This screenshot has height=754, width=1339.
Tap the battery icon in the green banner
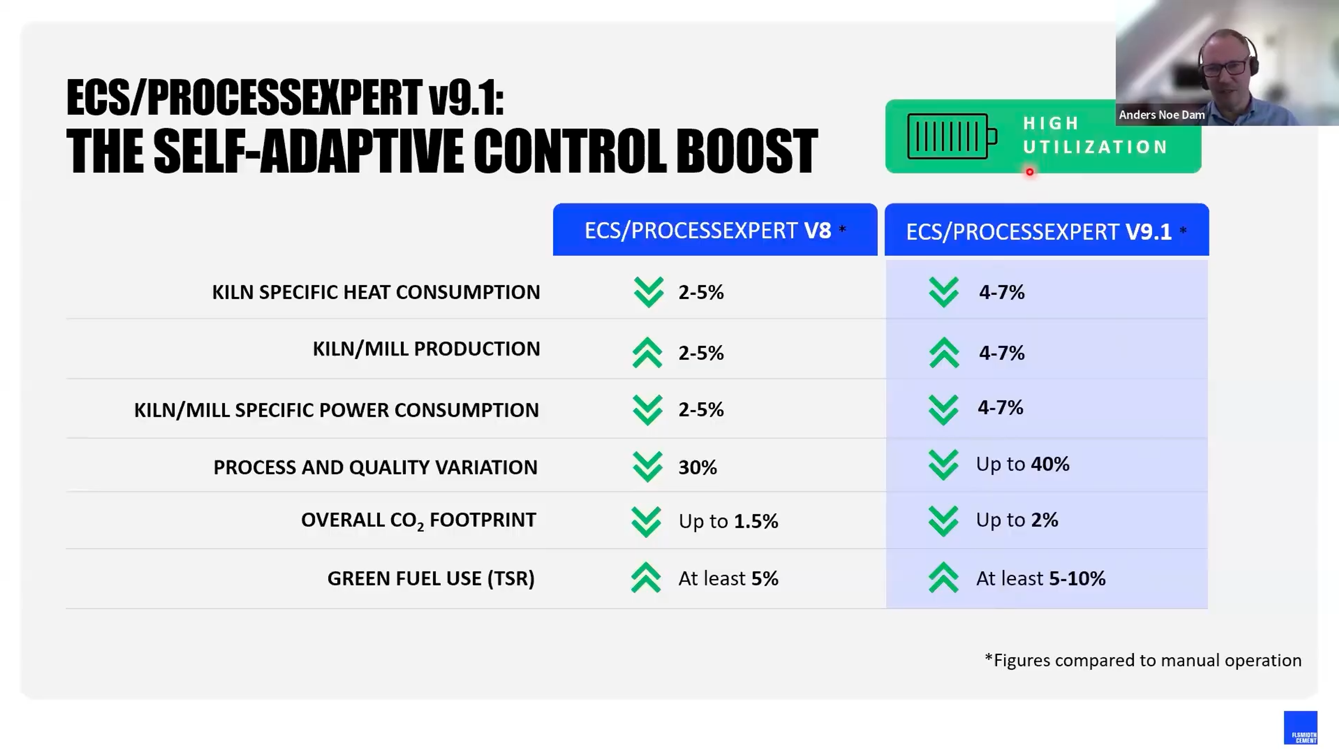[x=951, y=137]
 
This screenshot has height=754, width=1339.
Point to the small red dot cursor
[x=1029, y=172]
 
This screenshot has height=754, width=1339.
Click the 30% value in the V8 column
[x=697, y=467]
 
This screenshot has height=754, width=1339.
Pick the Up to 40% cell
[x=1022, y=464]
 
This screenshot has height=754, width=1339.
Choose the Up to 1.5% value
[x=728, y=521]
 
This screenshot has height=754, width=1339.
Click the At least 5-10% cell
[x=1040, y=578]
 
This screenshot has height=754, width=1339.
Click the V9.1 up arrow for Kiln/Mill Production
[x=944, y=353]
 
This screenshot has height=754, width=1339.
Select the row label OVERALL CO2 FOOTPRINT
[x=418, y=520]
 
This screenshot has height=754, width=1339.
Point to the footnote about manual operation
[x=1143, y=661]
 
